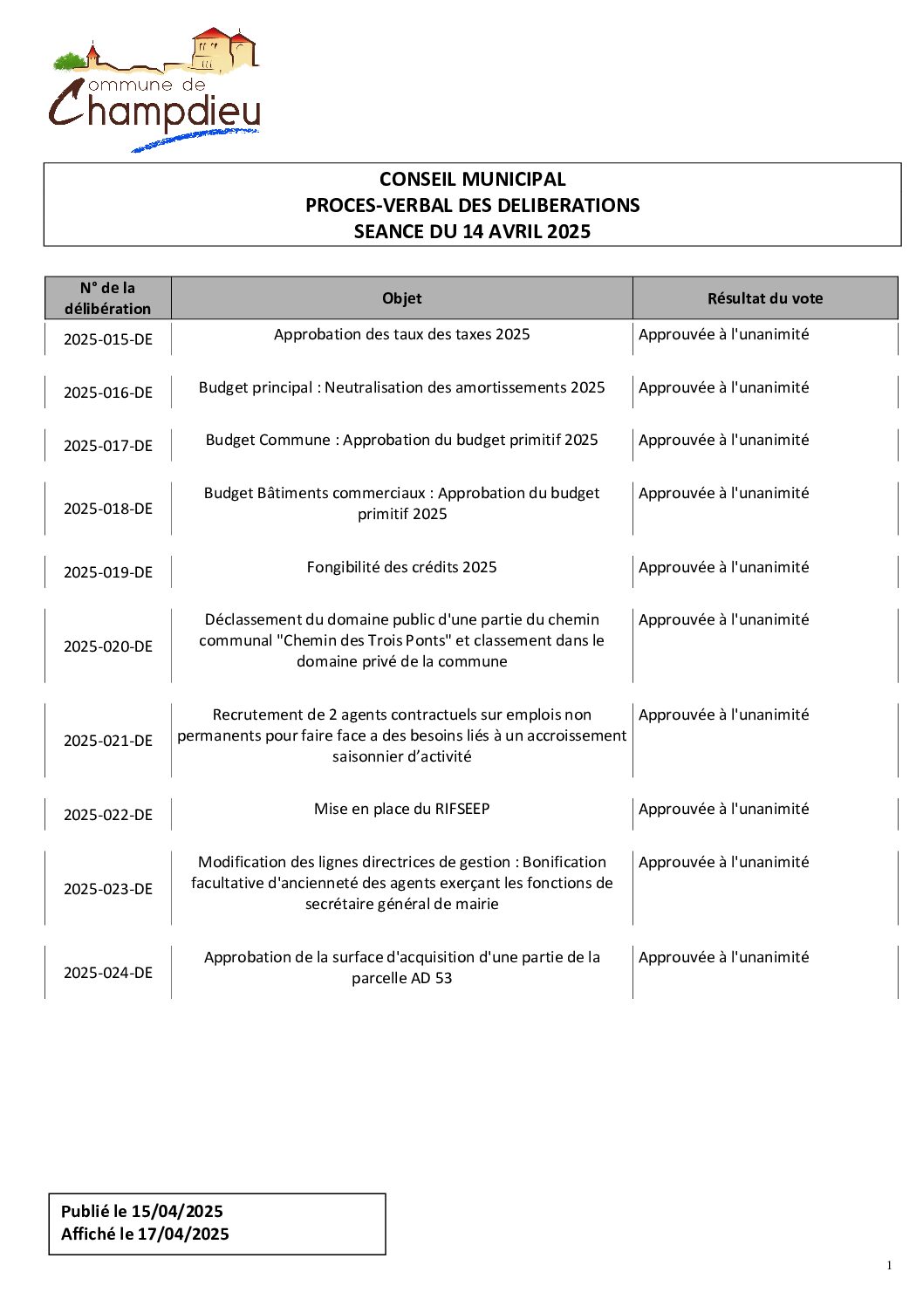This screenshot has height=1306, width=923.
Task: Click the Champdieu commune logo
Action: pos(154,90)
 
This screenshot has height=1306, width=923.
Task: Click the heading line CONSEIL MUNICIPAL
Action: pos(472,180)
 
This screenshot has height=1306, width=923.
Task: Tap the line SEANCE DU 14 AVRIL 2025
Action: pos(472,232)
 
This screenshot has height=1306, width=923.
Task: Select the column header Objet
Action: pos(401,298)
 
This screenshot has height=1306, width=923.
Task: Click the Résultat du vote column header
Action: pos(764,298)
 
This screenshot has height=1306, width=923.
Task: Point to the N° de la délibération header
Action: pos(107,298)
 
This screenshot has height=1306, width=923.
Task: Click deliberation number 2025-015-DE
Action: pos(107,339)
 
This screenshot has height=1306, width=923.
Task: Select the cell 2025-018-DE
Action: pos(107,509)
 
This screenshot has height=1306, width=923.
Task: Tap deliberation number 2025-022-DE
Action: pos(107,815)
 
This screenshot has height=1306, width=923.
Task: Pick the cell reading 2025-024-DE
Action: pos(107,973)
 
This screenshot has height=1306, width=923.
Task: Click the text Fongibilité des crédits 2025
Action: pos(401,567)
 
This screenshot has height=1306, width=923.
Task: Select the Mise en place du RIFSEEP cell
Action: pos(401,809)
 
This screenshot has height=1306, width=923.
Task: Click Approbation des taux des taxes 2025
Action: pos(401,334)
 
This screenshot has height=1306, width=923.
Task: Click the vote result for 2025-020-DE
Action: pos(723,619)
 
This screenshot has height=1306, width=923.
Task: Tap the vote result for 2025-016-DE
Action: pos(723,387)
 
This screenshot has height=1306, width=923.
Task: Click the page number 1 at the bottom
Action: pos(889,1266)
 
